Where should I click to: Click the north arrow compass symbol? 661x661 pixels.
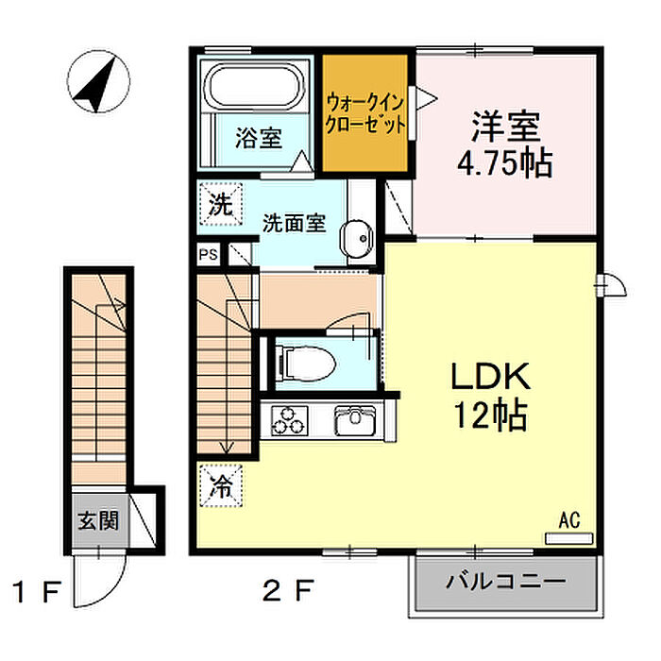pyautogui.click(x=98, y=82)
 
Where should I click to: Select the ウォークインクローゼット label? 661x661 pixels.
pyautogui.click(x=365, y=114)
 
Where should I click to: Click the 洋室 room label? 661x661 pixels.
pyautogui.click(x=506, y=126)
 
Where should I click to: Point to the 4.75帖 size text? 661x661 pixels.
pyautogui.click(x=505, y=163)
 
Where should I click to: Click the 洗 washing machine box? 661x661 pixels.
pyautogui.click(x=221, y=204)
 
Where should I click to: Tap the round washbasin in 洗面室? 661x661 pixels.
pyautogui.click(x=357, y=239)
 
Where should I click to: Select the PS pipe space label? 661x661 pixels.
pyautogui.click(x=209, y=255)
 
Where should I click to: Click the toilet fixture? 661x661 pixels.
pyautogui.click(x=306, y=362)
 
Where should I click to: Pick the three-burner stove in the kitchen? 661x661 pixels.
pyautogui.click(x=289, y=420)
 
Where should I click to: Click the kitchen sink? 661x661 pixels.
pyautogui.click(x=355, y=420)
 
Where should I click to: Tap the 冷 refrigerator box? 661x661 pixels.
pyautogui.click(x=221, y=486)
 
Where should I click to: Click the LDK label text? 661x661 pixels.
pyautogui.click(x=491, y=377)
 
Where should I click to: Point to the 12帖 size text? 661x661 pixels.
pyautogui.click(x=490, y=415)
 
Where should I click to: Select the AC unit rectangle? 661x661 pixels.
pyautogui.click(x=569, y=538)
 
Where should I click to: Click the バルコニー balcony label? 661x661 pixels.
pyautogui.click(x=506, y=583)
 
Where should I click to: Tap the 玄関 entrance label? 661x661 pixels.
pyautogui.click(x=98, y=521)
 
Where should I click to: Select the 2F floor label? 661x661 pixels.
pyautogui.click(x=288, y=590)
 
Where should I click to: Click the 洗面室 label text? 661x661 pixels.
pyautogui.click(x=295, y=223)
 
